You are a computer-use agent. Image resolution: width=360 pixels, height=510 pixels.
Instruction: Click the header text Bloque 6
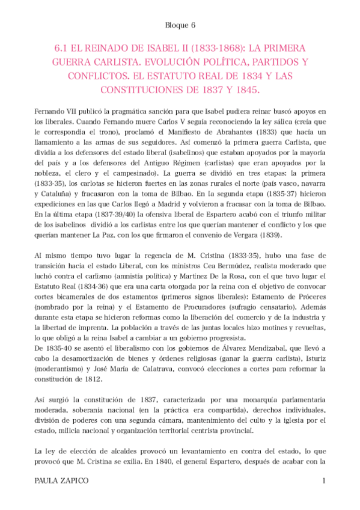pyautogui.click(x=180, y=25)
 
